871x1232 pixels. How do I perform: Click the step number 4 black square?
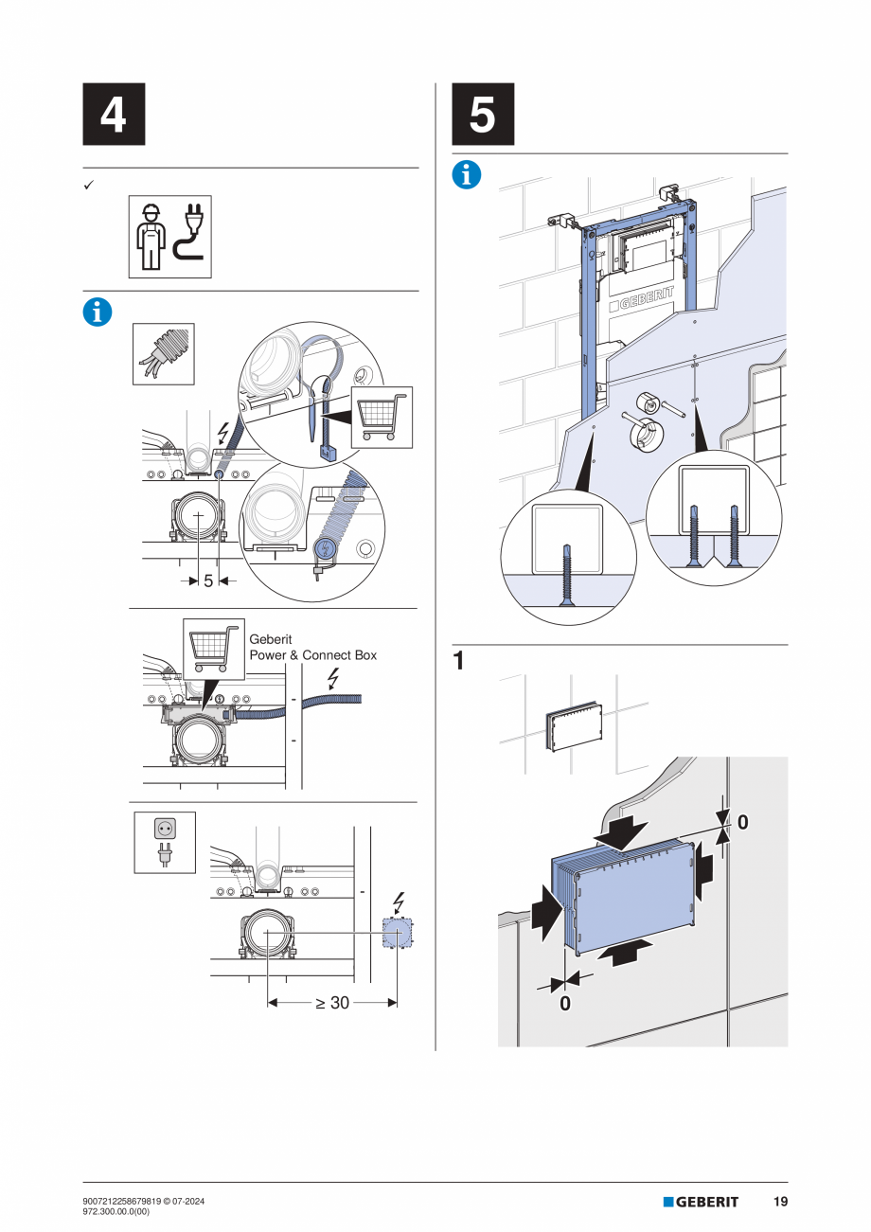(x=114, y=114)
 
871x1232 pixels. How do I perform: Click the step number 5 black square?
(x=483, y=114)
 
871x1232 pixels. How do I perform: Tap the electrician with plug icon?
(x=169, y=237)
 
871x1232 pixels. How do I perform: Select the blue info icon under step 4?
(x=97, y=312)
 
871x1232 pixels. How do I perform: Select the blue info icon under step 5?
(x=467, y=175)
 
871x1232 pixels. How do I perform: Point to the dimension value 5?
(x=208, y=580)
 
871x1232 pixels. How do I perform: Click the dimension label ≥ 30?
(x=332, y=1003)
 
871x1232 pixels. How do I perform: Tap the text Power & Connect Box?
(x=312, y=655)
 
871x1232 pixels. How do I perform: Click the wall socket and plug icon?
(x=165, y=842)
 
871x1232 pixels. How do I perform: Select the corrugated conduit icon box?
(x=163, y=353)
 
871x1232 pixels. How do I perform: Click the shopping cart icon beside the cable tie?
(x=382, y=417)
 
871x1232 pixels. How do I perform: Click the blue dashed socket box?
(x=397, y=934)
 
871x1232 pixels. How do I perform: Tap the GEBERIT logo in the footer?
(x=701, y=1202)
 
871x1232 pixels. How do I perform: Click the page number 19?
(x=779, y=1202)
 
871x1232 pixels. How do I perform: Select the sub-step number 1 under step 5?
(x=458, y=661)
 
